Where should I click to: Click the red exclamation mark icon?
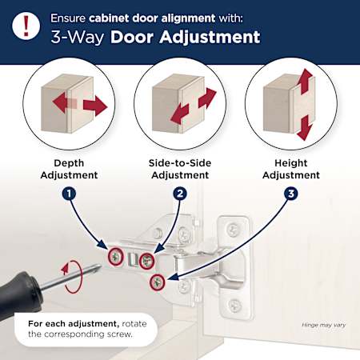point(26,26)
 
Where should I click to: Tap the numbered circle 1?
point(69,194)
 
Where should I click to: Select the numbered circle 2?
point(180,194)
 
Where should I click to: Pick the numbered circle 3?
point(291,194)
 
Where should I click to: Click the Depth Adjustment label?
point(69,169)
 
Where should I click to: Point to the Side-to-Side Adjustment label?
point(180,169)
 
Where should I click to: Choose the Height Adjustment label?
point(291,169)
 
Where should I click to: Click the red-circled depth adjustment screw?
point(116,257)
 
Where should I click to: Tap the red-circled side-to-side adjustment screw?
point(146,261)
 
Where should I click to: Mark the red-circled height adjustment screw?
point(157,282)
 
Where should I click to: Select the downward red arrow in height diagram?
point(304,128)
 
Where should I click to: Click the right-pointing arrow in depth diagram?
point(95,106)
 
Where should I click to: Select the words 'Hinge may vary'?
point(324,325)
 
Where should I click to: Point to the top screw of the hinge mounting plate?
point(233,229)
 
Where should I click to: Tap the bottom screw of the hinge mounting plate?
point(234,304)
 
